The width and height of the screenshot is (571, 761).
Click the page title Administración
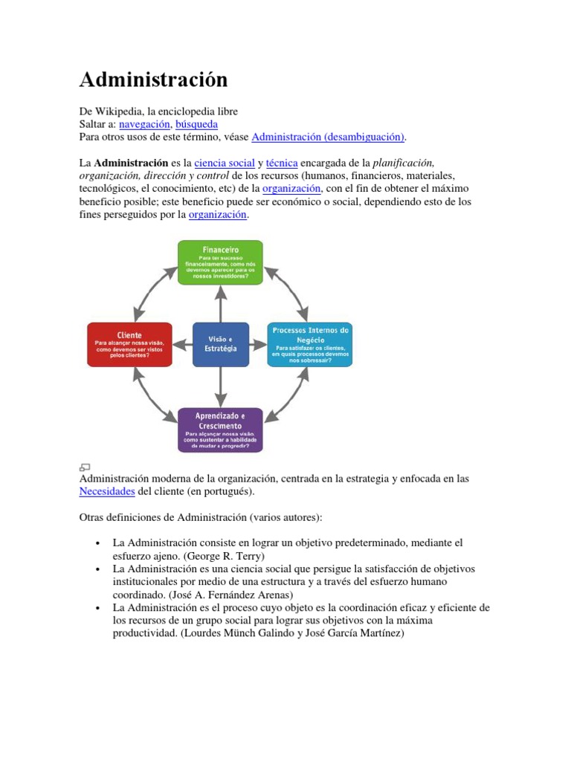click(x=153, y=80)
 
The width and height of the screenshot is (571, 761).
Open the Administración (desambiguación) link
click(x=329, y=137)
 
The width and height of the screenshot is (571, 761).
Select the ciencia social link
click(x=224, y=162)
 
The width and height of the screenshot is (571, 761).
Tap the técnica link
click(x=282, y=162)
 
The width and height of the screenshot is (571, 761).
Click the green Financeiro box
click(x=219, y=262)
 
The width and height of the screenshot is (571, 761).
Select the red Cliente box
click(x=129, y=344)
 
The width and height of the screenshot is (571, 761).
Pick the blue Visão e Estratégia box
click(x=220, y=344)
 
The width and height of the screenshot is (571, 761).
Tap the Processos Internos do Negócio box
click(x=310, y=344)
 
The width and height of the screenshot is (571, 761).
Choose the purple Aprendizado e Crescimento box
click(x=219, y=430)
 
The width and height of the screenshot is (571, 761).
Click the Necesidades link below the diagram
click(x=107, y=492)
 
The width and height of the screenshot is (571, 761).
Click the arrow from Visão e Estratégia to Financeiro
click(x=220, y=303)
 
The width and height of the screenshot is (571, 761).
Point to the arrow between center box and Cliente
click(x=182, y=345)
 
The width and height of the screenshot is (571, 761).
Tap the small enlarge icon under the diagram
click(x=84, y=467)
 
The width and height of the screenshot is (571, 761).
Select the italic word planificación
click(x=403, y=162)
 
